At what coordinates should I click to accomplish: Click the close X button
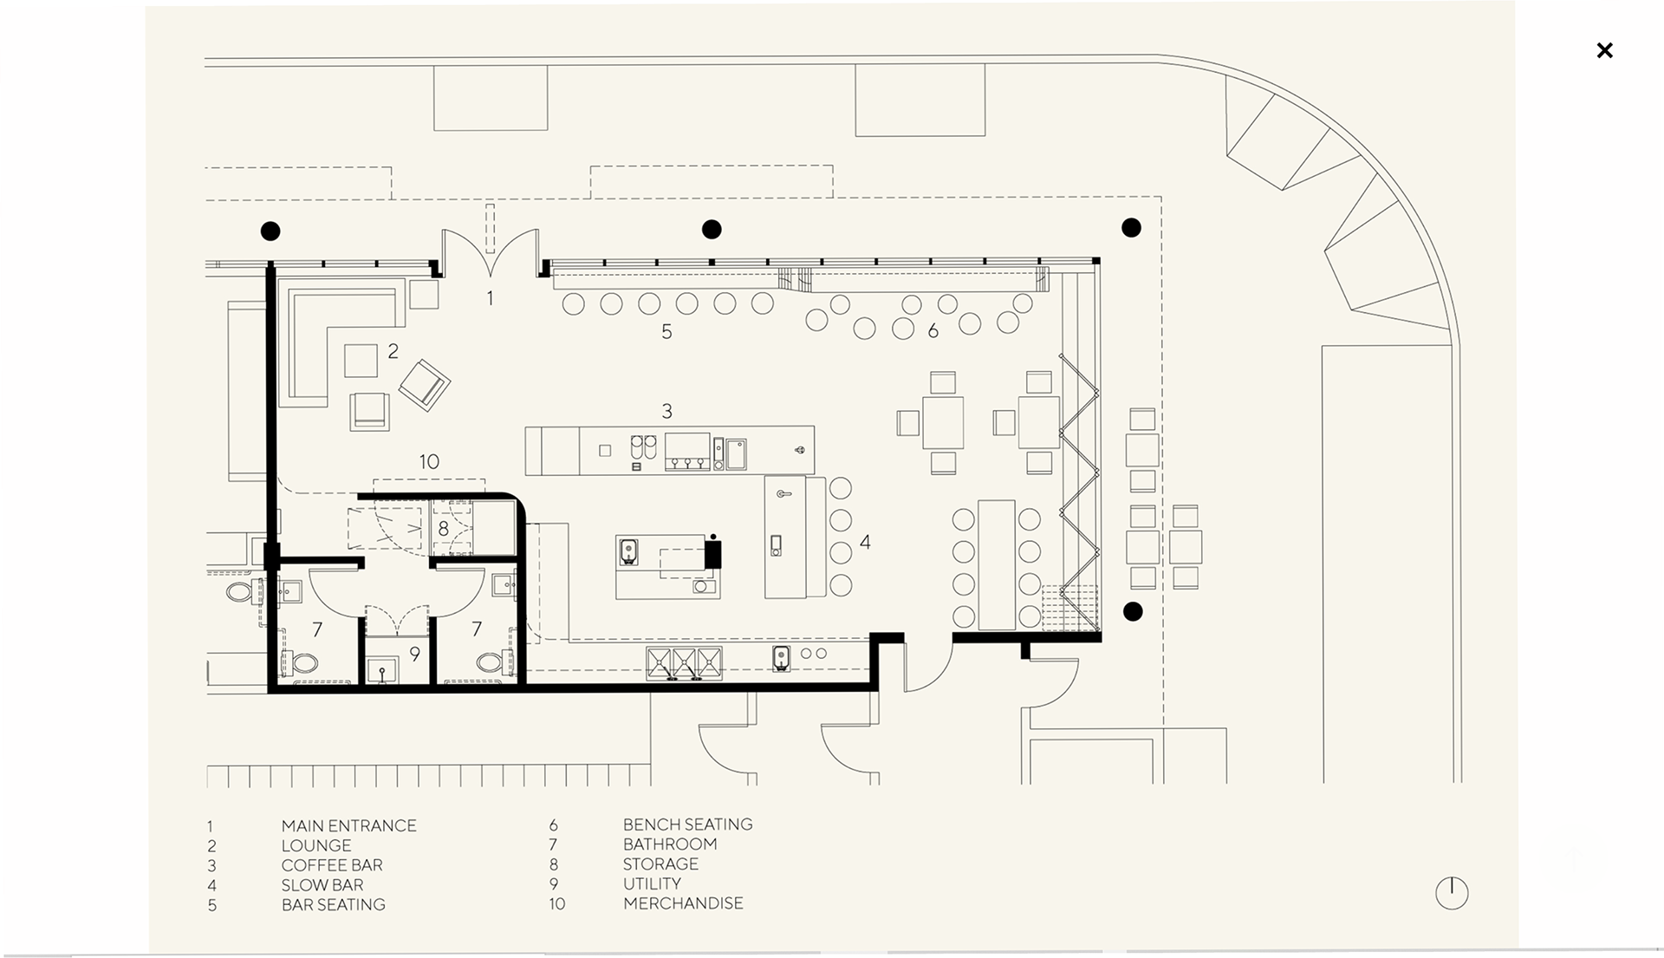(1604, 50)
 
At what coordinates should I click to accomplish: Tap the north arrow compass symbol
(1452, 893)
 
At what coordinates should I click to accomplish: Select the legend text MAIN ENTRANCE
(348, 826)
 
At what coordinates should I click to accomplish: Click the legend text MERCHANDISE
(683, 903)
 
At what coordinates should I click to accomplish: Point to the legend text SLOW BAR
(322, 885)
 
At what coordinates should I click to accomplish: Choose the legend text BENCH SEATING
(687, 824)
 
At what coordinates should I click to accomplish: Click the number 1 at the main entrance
(490, 298)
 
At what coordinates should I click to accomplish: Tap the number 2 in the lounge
(393, 351)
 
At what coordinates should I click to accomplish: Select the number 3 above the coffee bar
(666, 411)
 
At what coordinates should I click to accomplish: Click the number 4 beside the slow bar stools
(865, 543)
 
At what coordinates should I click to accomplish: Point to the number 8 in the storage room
(443, 528)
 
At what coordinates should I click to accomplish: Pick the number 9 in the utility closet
(414, 655)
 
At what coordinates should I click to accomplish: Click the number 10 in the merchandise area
(429, 462)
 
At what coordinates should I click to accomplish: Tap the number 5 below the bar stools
(666, 331)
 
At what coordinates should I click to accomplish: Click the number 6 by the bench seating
(933, 330)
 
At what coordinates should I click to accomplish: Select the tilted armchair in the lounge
(424, 384)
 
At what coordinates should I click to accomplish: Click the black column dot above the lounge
(270, 231)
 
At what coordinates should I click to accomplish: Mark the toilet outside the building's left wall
(239, 593)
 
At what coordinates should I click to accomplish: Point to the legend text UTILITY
(652, 883)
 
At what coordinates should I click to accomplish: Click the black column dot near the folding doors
(1132, 611)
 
